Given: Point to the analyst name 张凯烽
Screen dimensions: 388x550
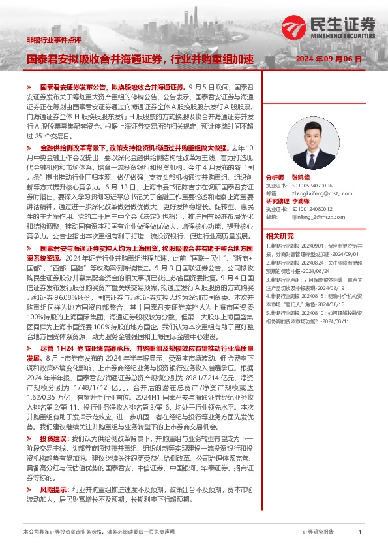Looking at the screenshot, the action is [302, 178].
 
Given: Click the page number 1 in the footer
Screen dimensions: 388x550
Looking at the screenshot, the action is [361, 532].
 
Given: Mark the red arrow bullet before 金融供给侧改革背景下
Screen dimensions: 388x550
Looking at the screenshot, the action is [29, 149].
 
